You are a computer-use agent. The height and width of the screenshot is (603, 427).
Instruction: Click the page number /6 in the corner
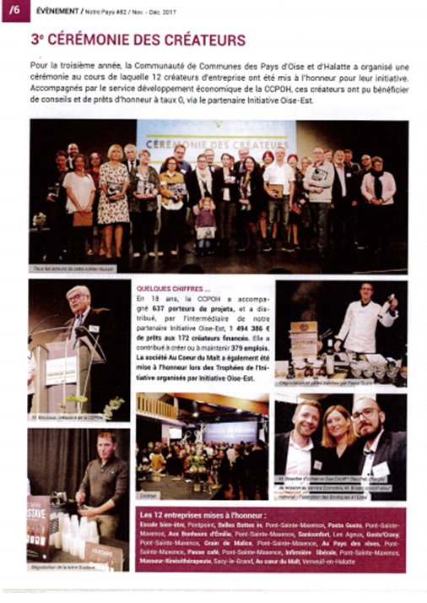pyautogui.click(x=15, y=10)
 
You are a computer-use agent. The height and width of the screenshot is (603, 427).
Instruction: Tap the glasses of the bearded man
pyautogui.click(x=364, y=416)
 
